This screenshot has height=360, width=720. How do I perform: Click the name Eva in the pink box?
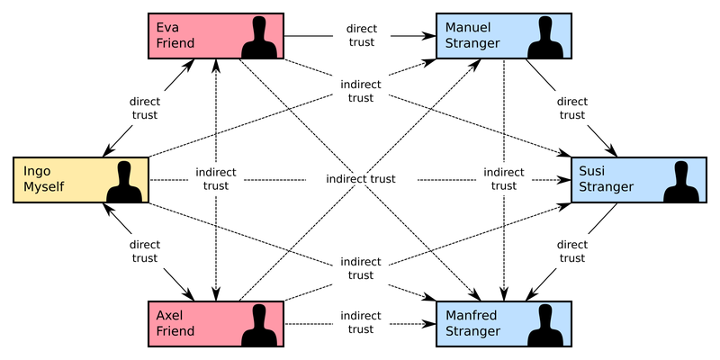click(x=168, y=28)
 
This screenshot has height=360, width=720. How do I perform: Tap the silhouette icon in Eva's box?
click(x=261, y=37)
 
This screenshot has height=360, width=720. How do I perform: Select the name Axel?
click(x=170, y=315)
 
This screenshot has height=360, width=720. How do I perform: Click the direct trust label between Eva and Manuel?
click(x=361, y=36)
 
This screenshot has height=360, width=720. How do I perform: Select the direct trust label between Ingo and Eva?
click(x=144, y=108)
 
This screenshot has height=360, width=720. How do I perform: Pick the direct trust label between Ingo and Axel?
click(x=144, y=251)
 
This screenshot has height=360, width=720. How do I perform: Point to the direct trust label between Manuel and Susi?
click(x=571, y=108)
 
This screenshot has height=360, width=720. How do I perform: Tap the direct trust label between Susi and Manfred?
click(x=571, y=251)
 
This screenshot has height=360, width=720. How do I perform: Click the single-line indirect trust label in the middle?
click(x=361, y=179)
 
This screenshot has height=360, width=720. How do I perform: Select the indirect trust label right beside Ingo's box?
click(x=216, y=179)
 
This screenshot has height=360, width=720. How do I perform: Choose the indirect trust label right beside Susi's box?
click(x=504, y=179)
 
